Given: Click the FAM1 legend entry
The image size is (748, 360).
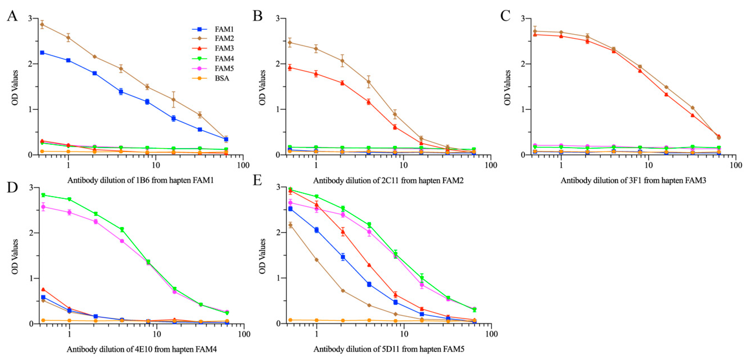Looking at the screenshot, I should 224,29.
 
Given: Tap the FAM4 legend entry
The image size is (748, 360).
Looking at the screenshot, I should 224,59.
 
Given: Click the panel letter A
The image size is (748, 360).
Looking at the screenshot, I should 12,16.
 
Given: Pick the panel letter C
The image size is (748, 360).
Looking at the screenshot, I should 505,16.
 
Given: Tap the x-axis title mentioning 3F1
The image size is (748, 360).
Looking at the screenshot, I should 633,180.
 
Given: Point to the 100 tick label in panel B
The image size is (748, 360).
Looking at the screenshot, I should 491,165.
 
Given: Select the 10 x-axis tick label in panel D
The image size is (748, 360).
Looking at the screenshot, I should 157,334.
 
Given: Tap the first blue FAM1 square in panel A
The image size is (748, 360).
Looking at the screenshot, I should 42,53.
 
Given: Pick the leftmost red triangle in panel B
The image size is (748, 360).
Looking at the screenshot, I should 290,68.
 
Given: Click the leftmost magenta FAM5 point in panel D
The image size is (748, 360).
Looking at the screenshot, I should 43,207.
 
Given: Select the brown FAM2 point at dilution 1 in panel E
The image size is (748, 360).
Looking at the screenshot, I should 316,260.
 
